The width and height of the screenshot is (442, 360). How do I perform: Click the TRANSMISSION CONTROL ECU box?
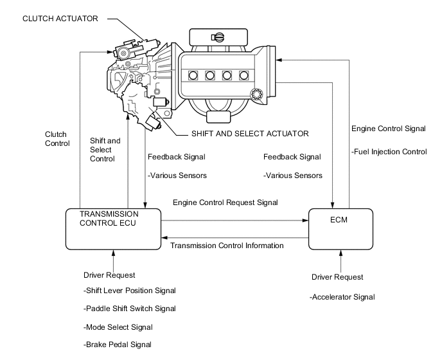click(112, 228)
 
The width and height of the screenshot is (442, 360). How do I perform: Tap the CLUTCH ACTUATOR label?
click(60, 19)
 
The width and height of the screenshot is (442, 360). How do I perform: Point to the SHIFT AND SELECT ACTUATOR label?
click(250, 134)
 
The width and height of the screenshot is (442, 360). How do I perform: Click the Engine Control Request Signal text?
click(225, 203)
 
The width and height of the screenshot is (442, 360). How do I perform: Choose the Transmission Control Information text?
click(227, 245)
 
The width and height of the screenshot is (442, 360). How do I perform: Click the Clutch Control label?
click(57, 139)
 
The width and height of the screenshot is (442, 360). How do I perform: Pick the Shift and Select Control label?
click(105, 150)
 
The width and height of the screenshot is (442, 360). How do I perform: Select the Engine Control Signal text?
click(388, 129)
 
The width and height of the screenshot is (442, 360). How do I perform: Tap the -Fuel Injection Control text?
click(389, 152)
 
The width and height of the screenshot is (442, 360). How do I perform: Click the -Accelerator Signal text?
click(342, 297)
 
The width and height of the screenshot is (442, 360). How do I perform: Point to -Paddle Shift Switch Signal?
click(129, 309)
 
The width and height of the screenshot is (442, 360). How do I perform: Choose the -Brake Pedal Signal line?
click(118, 345)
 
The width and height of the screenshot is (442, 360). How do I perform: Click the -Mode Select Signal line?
click(118, 327)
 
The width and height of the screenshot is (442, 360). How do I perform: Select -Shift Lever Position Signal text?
click(129, 291)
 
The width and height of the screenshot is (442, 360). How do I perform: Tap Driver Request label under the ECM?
click(337, 277)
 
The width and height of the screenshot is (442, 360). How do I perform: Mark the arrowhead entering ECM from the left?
click(305, 220)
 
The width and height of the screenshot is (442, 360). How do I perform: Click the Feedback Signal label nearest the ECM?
click(292, 157)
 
